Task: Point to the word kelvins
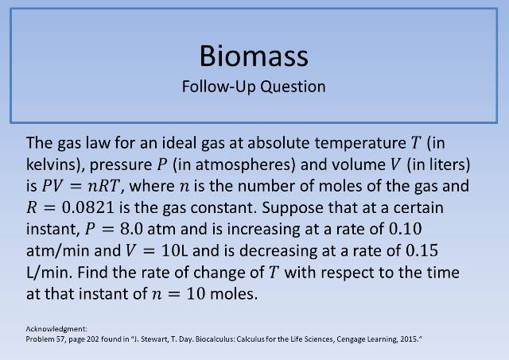coord(56,167)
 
